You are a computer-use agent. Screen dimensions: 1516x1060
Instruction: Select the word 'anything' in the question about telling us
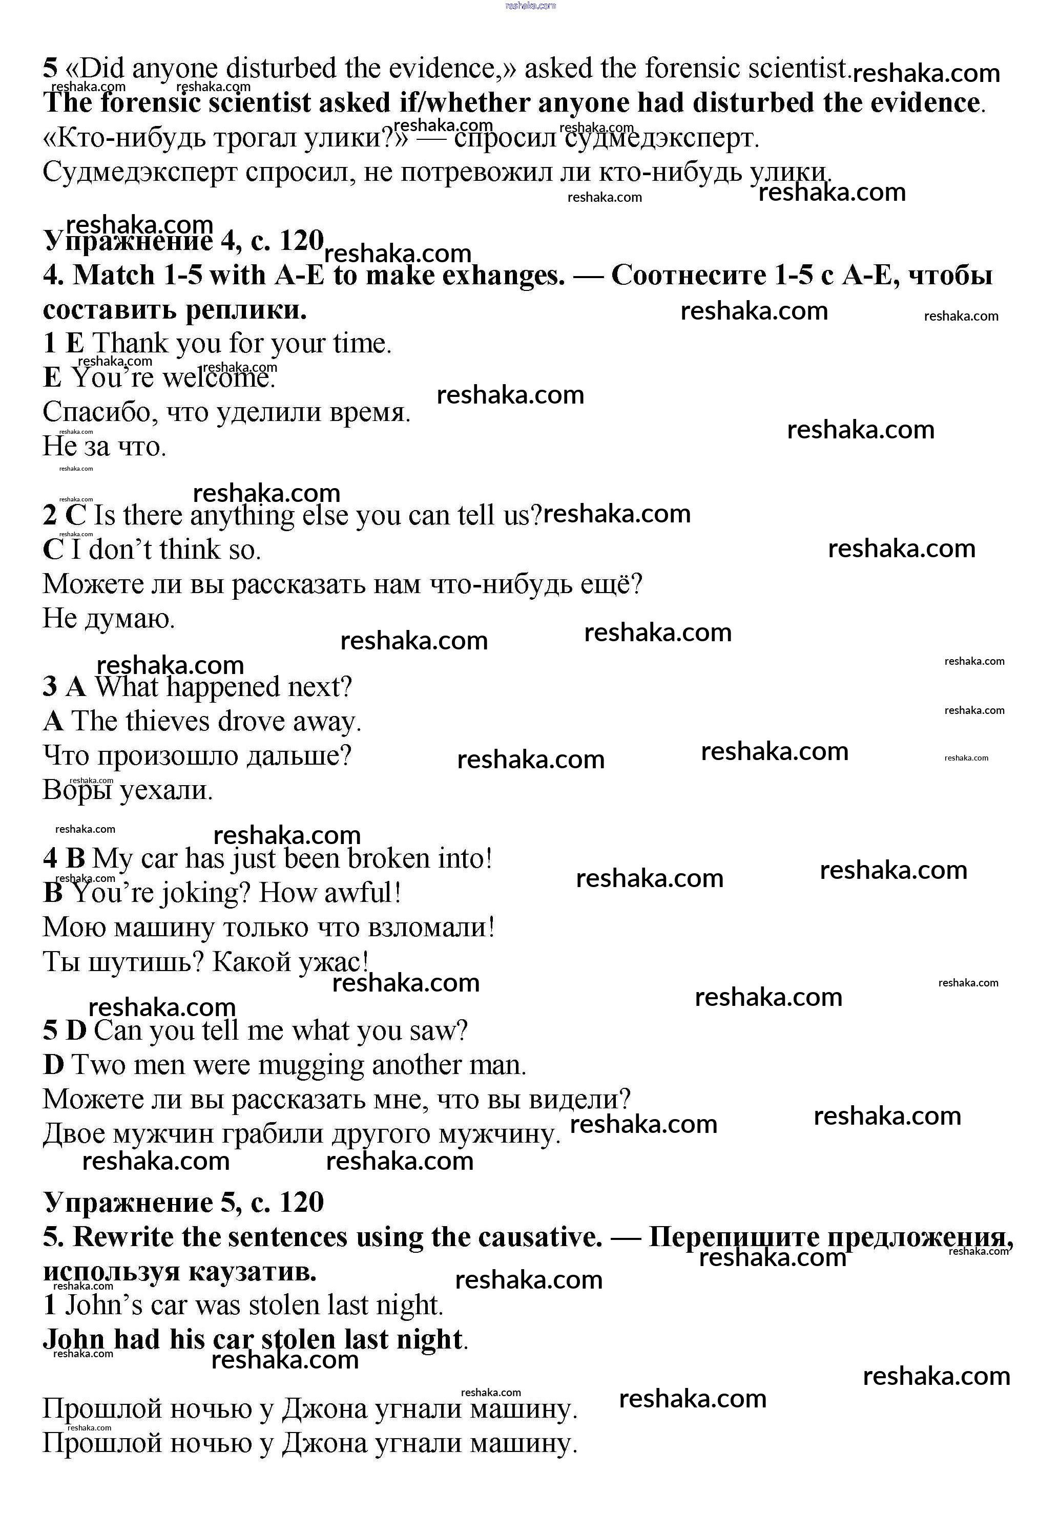[x=242, y=516]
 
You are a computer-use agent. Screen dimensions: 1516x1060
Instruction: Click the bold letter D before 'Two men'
[x=53, y=1065]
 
